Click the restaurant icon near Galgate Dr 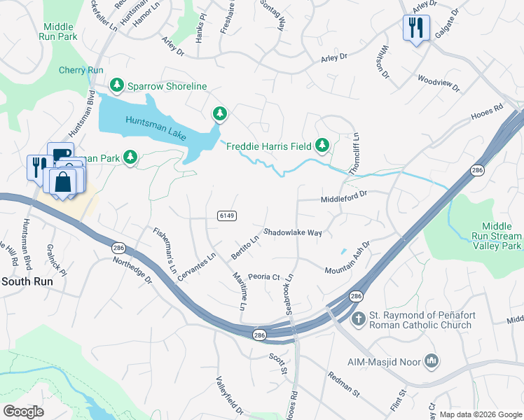(x=416, y=28)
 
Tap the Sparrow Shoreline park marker (x=117, y=86)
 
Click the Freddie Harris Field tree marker (x=322, y=146)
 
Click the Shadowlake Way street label (x=293, y=232)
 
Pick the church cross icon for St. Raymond (x=358, y=320)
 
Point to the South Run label (x=27, y=281)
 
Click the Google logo (x=23, y=412)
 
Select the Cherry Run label (x=81, y=70)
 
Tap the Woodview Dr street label (x=439, y=83)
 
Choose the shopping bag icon (x=63, y=181)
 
